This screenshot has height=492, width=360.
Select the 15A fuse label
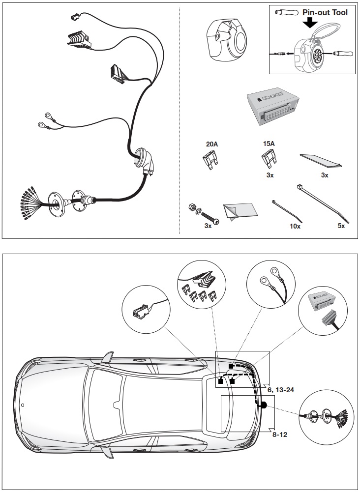[269, 144]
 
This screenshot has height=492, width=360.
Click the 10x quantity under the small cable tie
[295, 226]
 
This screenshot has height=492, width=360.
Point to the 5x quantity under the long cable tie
[341, 226]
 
